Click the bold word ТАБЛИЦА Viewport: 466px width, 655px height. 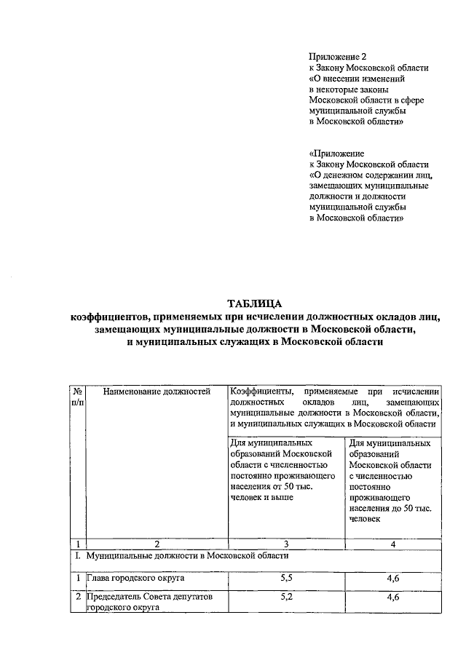[253, 303]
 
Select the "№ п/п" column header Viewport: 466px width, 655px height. [77, 397]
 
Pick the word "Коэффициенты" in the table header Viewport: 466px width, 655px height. [261, 392]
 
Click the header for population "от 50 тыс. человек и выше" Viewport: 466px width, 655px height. [282, 469]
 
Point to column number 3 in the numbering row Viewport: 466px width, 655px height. [285, 544]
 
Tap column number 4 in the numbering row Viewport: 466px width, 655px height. [393, 544]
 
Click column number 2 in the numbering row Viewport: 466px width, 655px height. [156, 544]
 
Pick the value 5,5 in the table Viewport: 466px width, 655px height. [285, 578]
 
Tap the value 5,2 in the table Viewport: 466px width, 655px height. [285, 597]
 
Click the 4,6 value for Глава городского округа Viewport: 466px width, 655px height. [393, 578]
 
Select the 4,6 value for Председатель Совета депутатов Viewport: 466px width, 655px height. [393, 597]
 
